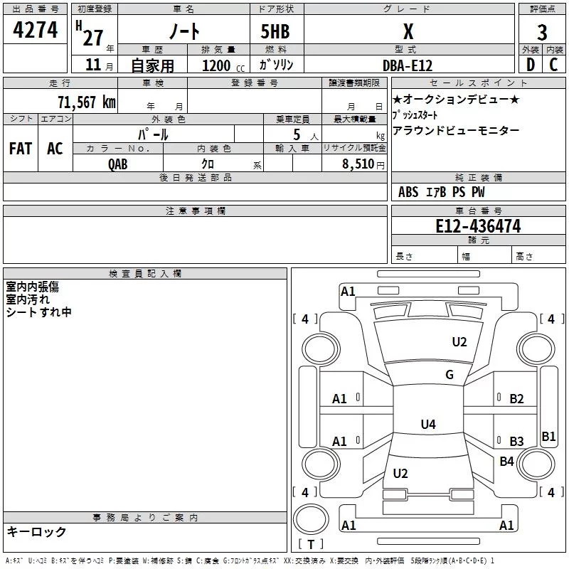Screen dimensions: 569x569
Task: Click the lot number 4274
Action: (x=36, y=30)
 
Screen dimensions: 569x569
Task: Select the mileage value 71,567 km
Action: (x=86, y=102)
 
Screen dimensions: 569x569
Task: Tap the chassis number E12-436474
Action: (x=478, y=226)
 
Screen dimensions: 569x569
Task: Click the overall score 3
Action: (x=543, y=32)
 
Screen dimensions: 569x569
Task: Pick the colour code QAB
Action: (x=118, y=164)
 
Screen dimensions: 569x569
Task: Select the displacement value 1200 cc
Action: (x=220, y=65)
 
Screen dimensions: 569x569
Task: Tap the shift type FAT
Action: (x=21, y=148)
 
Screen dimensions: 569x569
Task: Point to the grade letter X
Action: (x=408, y=31)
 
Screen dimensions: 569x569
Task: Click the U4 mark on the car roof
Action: (x=427, y=425)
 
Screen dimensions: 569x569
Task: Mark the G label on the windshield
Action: (x=450, y=375)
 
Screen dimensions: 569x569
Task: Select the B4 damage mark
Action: (x=506, y=462)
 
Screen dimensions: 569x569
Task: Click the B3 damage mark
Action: (x=516, y=442)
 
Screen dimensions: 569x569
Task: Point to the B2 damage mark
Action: (x=516, y=399)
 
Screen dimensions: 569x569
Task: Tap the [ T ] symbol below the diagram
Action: (x=310, y=544)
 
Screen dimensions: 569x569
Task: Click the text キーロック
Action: (x=37, y=531)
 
